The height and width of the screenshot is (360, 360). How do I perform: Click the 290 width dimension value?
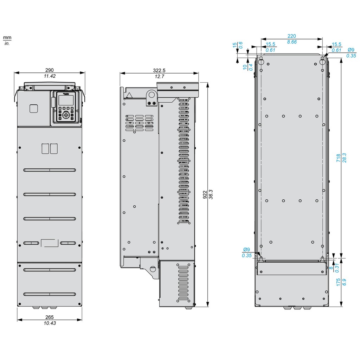pyautogui.click(x=49, y=70)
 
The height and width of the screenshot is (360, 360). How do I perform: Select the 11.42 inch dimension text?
pyautogui.click(x=49, y=76)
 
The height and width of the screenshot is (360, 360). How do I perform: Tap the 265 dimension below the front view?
pyautogui.click(x=50, y=317)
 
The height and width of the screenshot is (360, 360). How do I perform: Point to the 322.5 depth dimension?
pyautogui.click(x=159, y=71)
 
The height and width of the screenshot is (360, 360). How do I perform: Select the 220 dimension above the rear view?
pyautogui.click(x=292, y=36)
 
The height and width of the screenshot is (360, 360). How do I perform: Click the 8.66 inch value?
pyautogui.click(x=292, y=41)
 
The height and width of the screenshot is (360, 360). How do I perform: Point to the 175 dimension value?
pyautogui.click(x=338, y=282)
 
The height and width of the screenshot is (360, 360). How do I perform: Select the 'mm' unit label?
pyautogui.click(x=7, y=37)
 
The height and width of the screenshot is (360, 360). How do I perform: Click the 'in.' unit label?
pyautogui.click(x=7, y=43)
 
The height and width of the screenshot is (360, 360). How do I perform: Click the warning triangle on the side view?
pyautogui.click(x=130, y=95)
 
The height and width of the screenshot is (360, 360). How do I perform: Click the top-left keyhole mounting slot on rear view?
pyautogui.click(x=261, y=61)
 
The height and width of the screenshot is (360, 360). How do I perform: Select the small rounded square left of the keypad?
pyautogui.click(x=34, y=108)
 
